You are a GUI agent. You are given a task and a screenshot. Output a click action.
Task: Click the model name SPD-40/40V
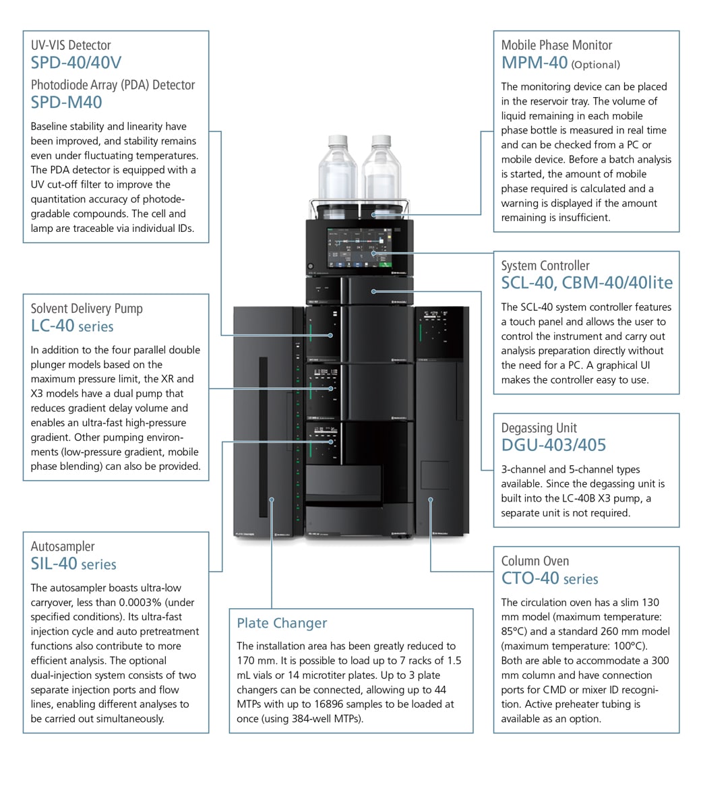76,63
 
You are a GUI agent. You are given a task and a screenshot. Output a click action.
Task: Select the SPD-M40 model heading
67,102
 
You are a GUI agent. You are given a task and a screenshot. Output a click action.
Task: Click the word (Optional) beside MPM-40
595,65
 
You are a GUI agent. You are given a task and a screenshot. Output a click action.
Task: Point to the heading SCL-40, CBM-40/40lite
586,283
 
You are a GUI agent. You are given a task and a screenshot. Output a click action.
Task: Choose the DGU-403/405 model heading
553,445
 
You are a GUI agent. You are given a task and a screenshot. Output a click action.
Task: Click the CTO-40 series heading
549,578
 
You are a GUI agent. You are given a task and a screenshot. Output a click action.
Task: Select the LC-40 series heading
72,326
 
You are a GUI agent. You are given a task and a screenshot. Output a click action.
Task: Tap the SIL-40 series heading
73,564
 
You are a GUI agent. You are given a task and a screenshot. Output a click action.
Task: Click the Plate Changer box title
282,623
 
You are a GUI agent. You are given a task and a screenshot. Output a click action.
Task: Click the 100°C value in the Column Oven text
616,646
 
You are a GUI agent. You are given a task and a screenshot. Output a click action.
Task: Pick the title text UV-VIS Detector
71,45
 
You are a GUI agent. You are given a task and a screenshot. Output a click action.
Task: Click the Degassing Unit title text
539,427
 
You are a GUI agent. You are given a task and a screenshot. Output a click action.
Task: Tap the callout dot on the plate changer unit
272,500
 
